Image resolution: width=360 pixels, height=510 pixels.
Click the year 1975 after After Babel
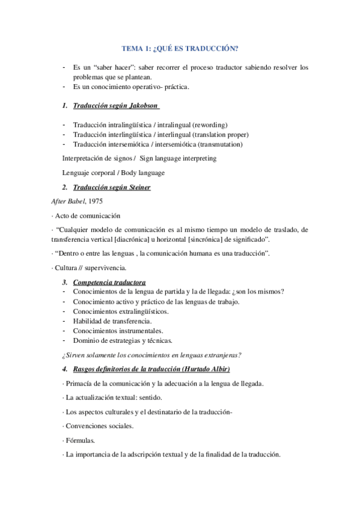click(x=96, y=201)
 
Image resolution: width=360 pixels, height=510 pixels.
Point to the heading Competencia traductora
click(x=109, y=282)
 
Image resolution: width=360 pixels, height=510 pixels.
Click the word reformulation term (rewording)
click(x=221, y=124)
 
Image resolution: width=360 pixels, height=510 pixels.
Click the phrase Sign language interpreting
click(x=178, y=158)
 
